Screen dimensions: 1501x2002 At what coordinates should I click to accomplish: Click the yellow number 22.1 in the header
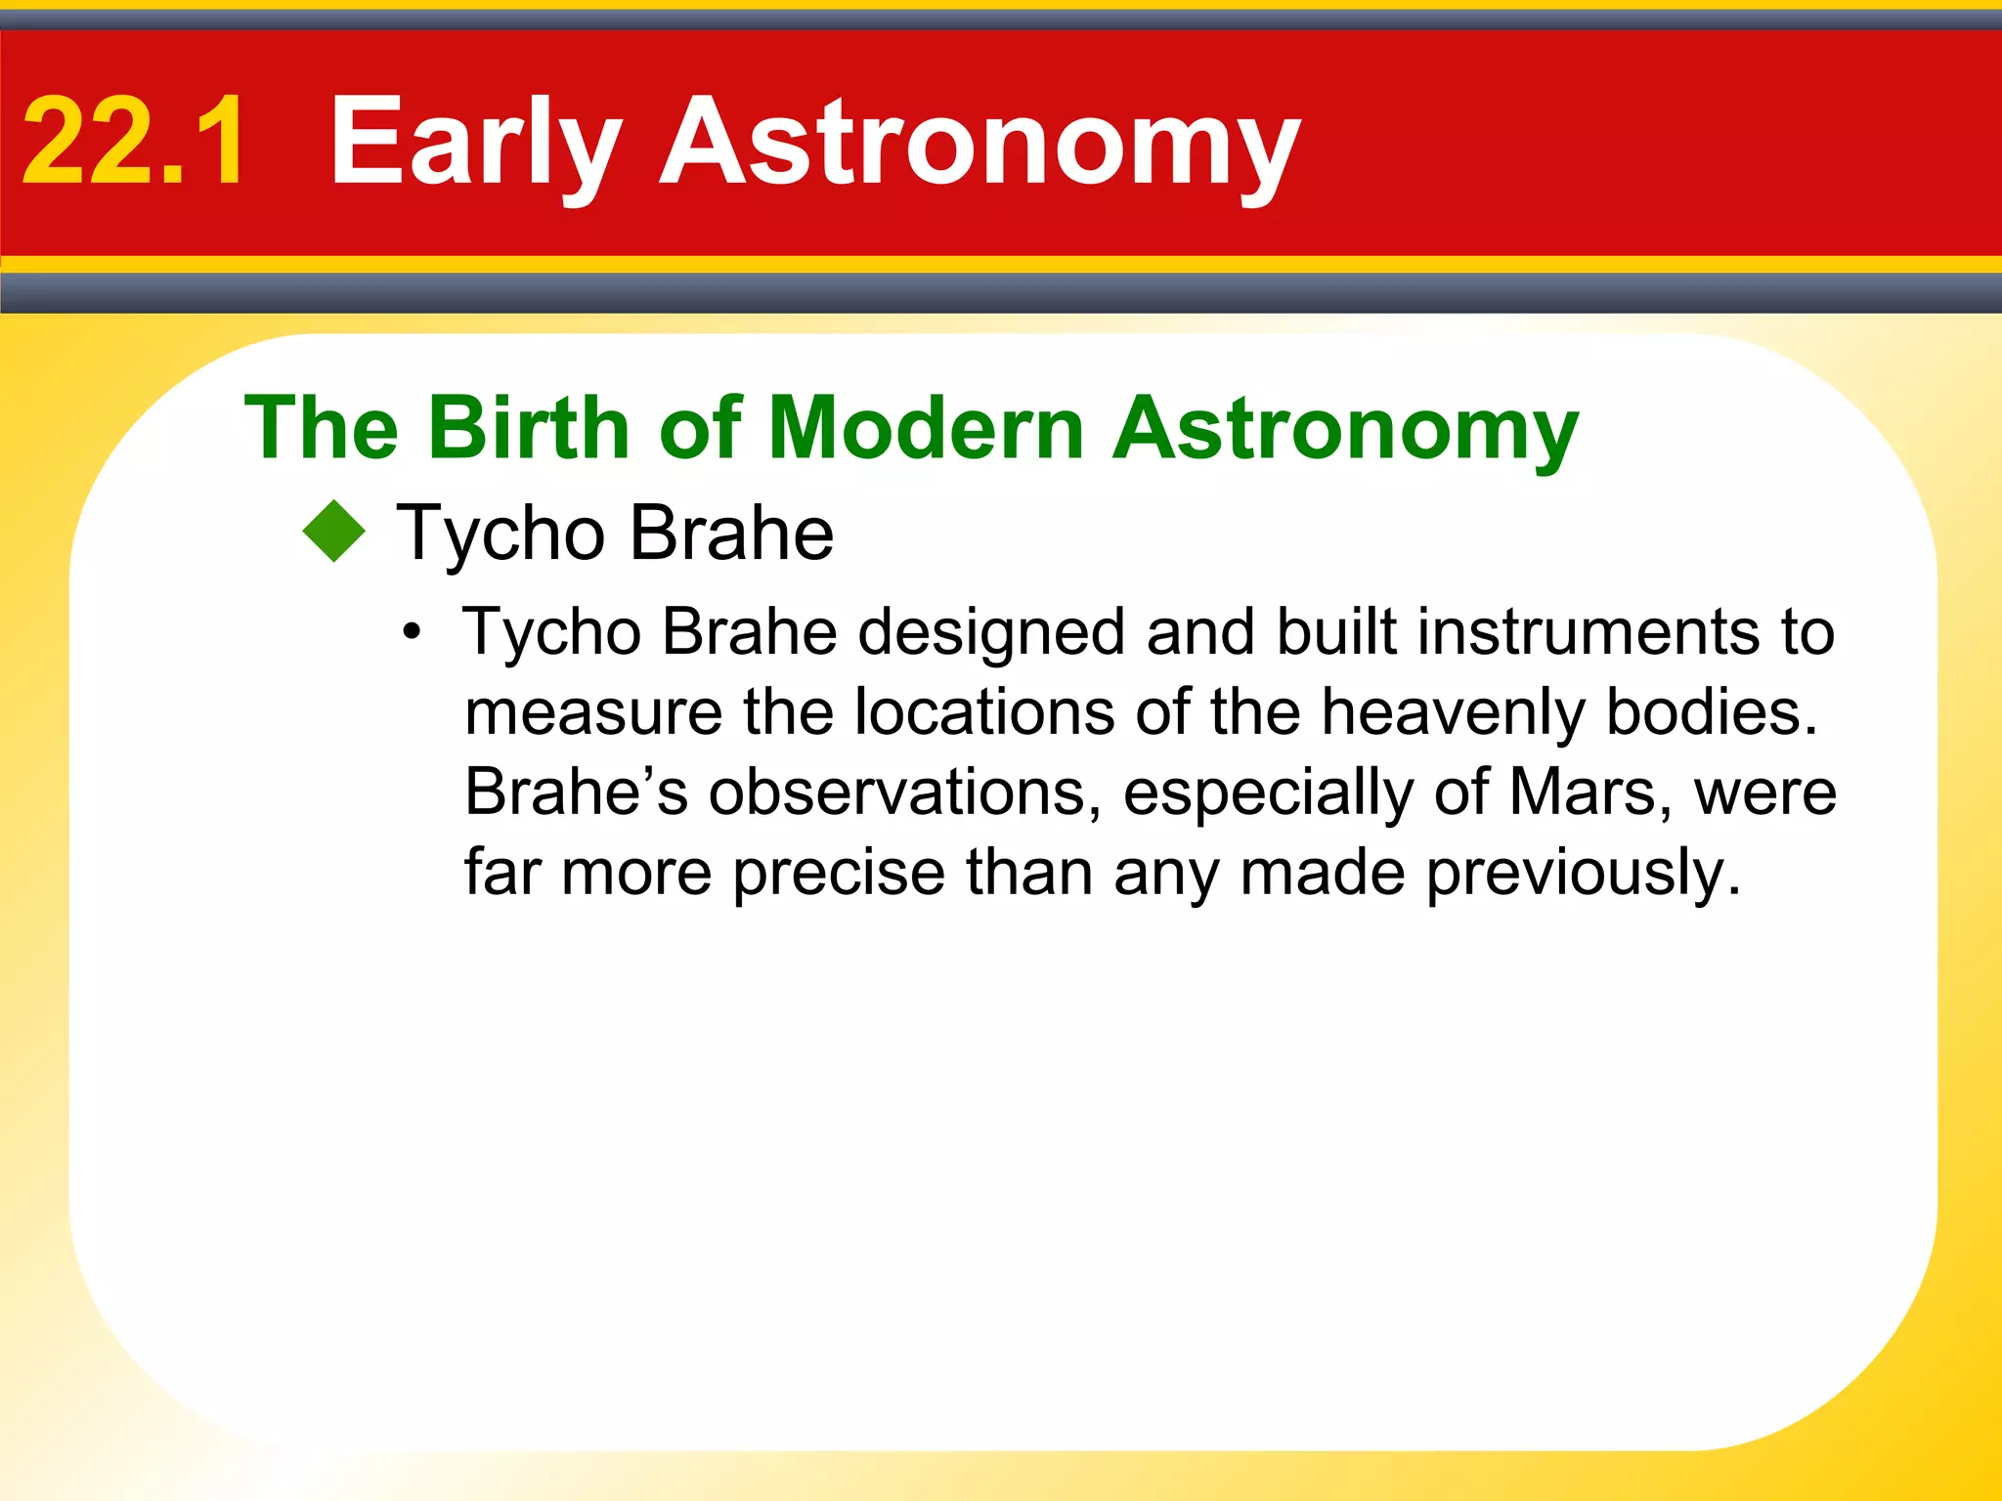[134, 142]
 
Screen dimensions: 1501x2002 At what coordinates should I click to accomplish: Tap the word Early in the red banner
[476, 142]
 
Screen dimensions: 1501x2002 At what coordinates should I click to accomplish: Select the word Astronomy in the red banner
[980, 142]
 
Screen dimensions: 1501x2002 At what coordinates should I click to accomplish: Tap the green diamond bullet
[334, 532]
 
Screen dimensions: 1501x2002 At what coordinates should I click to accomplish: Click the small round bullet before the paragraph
[413, 632]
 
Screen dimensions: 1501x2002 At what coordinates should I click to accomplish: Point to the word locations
[984, 712]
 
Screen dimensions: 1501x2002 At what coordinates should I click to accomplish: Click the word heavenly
[1454, 712]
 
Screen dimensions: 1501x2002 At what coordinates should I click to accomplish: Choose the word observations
[897, 792]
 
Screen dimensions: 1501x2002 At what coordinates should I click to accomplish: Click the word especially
[1268, 792]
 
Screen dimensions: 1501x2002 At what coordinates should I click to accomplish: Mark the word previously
[1584, 873]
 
